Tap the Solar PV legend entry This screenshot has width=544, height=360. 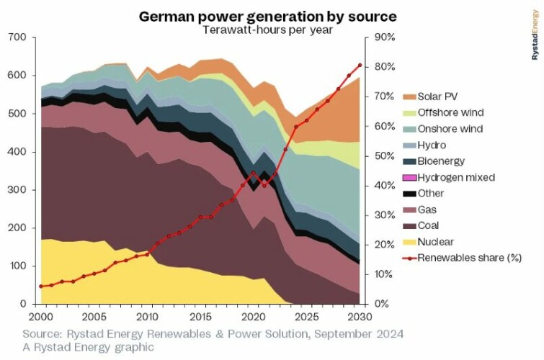point(440,96)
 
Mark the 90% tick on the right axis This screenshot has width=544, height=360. point(381,37)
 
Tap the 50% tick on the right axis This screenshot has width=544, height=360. point(381,156)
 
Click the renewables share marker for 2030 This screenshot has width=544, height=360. point(360,65)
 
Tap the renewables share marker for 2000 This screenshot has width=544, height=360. point(42,287)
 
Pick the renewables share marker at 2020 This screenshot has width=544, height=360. point(254,173)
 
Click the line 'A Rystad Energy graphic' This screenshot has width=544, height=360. point(88,348)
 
